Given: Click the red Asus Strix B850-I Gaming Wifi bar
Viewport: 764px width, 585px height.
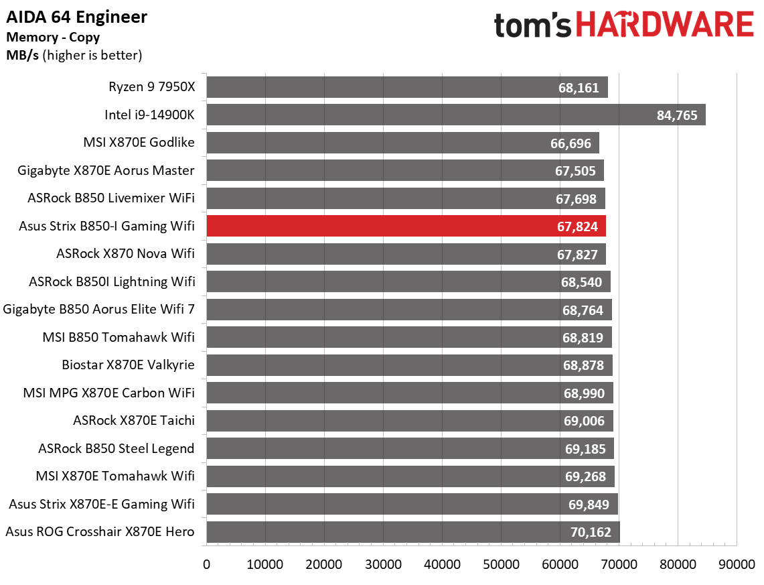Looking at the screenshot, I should [x=406, y=226].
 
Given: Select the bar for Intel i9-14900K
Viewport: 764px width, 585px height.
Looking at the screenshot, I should [x=455, y=115].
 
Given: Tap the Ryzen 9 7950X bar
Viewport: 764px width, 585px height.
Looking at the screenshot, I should [x=406, y=87].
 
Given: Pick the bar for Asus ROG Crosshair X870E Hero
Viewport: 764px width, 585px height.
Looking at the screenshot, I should [x=412, y=532].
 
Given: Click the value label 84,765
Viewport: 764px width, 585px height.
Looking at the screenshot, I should [x=677, y=115].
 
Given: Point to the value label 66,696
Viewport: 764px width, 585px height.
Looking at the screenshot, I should [x=571, y=143].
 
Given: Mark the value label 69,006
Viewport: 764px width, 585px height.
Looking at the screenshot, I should [x=584, y=421].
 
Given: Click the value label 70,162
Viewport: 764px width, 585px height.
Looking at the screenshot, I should [x=591, y=533].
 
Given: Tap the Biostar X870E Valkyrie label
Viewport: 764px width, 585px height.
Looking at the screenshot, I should [x=128, y=365].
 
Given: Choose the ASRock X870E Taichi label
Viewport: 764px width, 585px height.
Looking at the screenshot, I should [x=134, y=421].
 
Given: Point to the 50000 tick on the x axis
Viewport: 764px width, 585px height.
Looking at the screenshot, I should [x=501, y=564].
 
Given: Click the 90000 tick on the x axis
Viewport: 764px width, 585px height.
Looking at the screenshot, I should [x=737, y=564].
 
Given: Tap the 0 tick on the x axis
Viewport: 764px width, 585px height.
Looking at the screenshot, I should [x=207, y=564].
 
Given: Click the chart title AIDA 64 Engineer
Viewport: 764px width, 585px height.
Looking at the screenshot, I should [x=76, y=17].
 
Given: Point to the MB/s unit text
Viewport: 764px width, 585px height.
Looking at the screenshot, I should [x=22, y=55].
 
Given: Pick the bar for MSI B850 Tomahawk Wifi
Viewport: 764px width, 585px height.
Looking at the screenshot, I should [x=409, y=337].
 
